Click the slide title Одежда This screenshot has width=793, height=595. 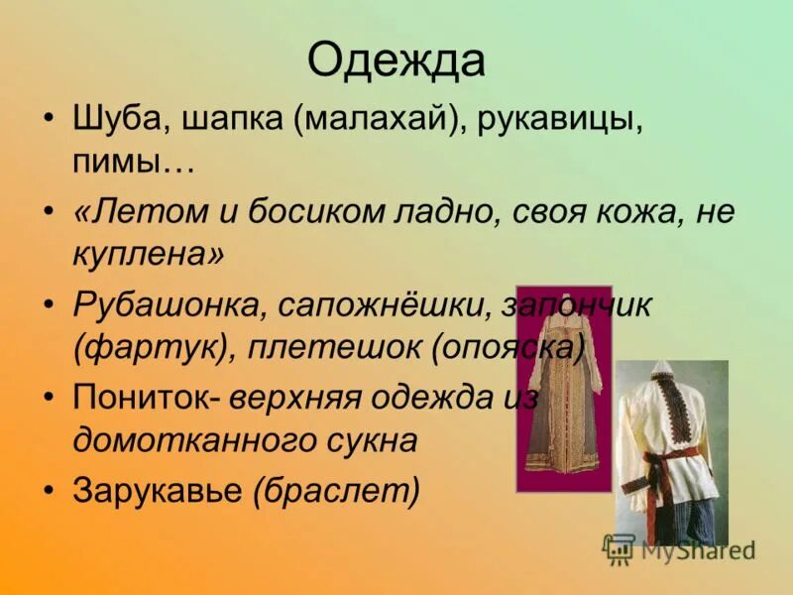pyautogui.click(x=396, y=61)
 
